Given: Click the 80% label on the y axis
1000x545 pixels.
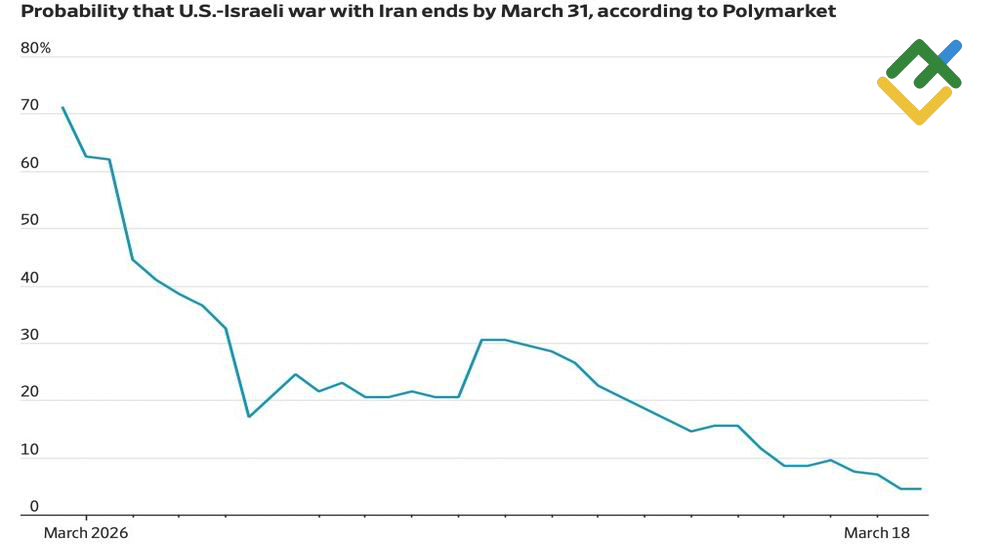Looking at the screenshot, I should click(35, 49).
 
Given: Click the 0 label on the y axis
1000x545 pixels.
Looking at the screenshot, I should click(34, 508).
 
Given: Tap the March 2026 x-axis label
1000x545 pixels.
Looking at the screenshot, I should click(86, 533).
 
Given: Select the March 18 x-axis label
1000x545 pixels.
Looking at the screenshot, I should click(877, 533).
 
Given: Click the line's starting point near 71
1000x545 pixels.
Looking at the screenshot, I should click(63, 107).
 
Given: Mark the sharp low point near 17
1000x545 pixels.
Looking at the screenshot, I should click(248, 416).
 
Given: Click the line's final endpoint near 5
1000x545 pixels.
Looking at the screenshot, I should click(920, 489).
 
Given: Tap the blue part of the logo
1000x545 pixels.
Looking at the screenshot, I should click(951, 48).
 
